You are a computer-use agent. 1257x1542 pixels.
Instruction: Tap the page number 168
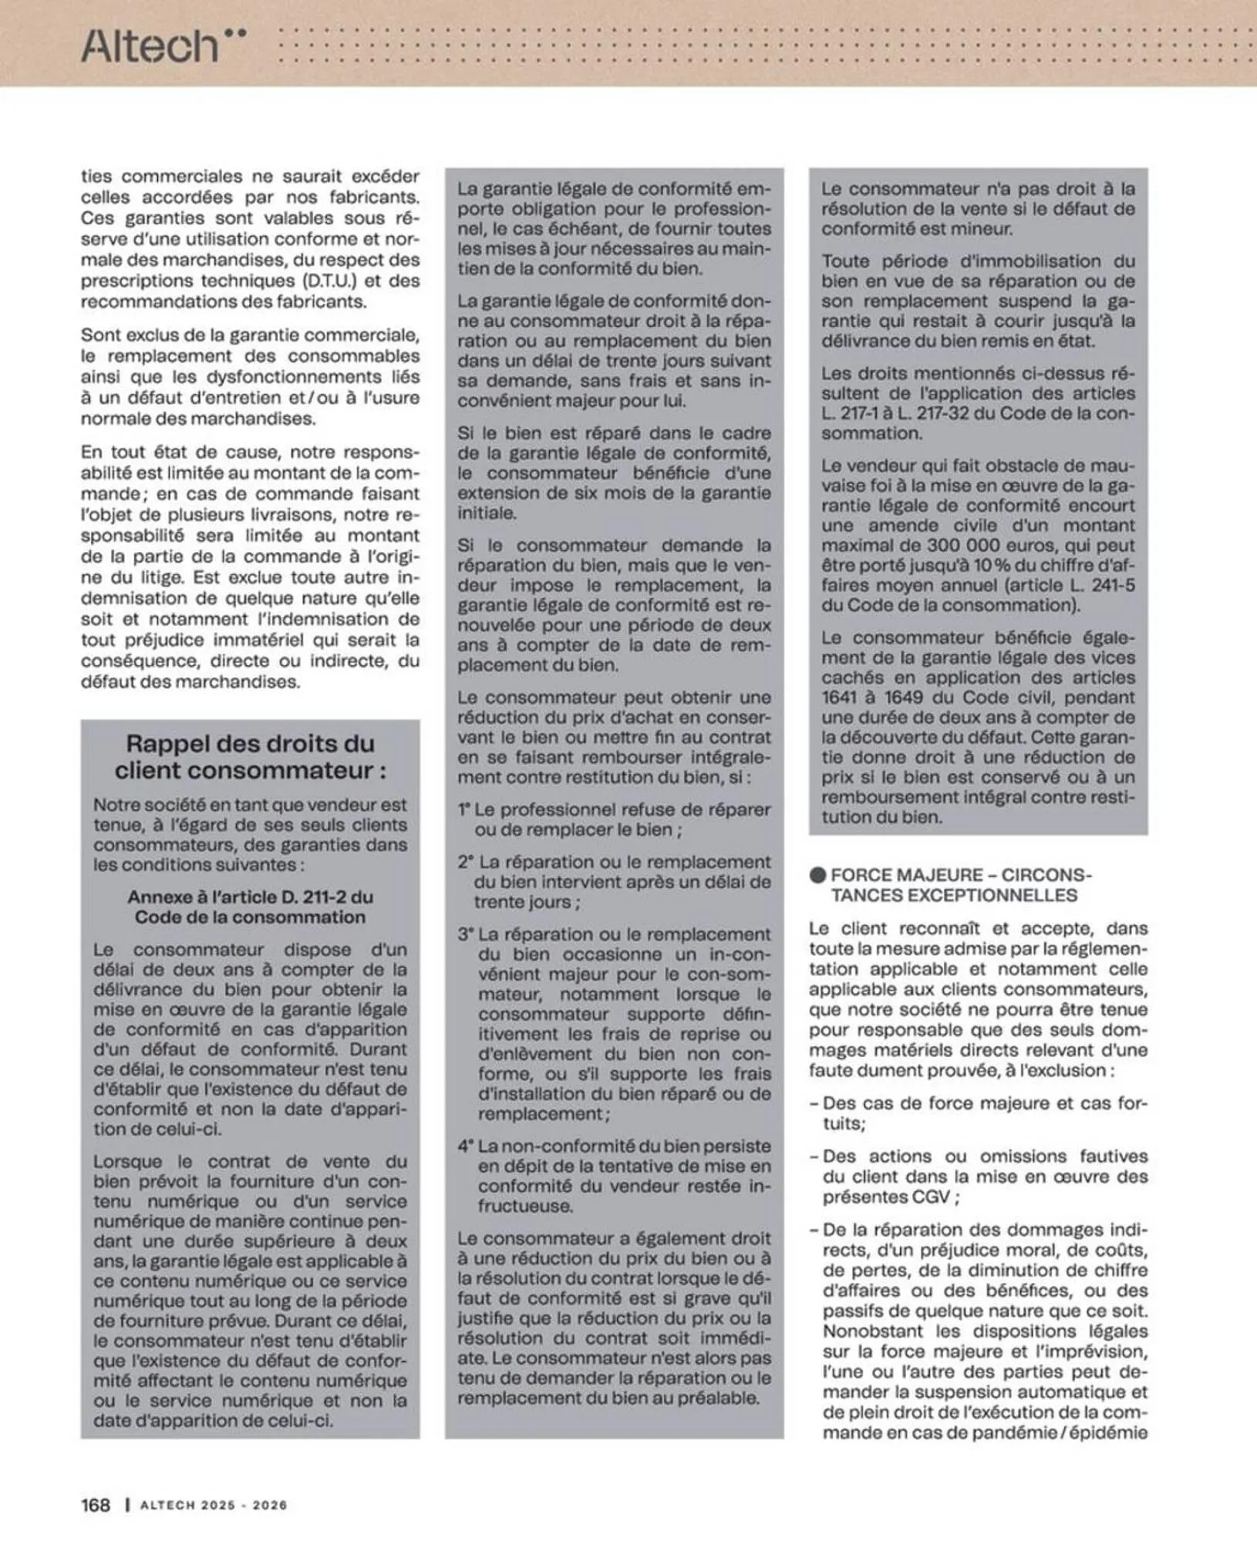click(96, 1504)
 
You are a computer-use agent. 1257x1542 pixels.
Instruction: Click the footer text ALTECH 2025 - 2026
click(214, 1505)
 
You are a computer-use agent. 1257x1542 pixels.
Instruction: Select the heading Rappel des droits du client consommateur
click(251, 757)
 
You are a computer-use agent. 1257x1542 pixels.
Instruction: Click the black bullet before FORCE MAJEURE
click(817, 875)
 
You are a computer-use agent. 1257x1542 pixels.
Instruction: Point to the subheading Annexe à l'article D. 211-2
click(251, 907)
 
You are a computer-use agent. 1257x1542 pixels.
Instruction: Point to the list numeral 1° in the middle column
click(464, 810)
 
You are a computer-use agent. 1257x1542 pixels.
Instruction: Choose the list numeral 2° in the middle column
click(465, 863)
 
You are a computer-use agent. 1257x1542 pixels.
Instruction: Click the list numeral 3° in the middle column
click(465, 934)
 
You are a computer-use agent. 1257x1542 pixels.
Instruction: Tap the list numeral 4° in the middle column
click(465, 1146)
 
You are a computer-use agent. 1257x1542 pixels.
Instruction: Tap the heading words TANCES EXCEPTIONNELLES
click(954, 895)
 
